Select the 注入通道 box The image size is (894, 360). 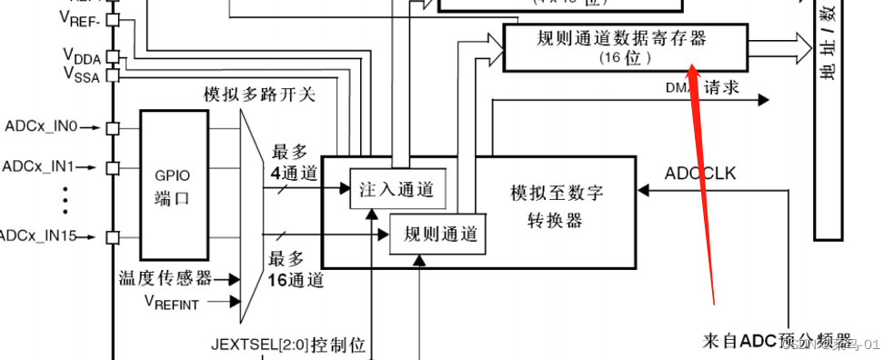point(398,189)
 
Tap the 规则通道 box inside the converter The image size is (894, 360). point(437,235)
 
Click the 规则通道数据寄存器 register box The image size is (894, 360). point(625,47)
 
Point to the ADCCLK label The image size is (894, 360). point(700,173)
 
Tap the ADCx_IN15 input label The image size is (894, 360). point(38,236)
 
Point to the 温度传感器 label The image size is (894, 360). point(166,277)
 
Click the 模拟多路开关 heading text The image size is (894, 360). point(259,94)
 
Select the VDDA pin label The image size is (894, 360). point(81,55)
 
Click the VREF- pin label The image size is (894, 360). point(80,17)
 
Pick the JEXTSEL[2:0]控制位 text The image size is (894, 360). point(288,345)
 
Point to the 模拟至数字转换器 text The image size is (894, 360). point(557,206)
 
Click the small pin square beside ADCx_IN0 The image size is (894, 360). point(113,127)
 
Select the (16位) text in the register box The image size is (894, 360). point(624,57)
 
